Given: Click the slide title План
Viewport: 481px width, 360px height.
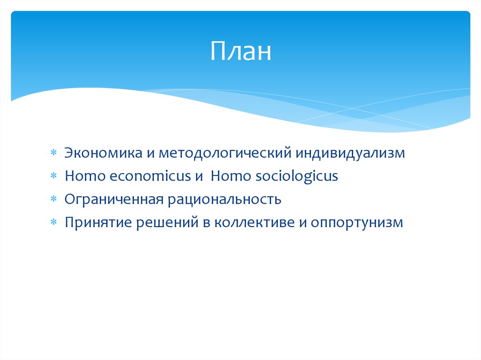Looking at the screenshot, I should click(x=240, y=52).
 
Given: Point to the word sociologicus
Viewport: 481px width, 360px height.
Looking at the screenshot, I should click(x=297, y=176).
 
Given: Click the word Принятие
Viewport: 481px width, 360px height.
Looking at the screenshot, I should click(x=99, y=222).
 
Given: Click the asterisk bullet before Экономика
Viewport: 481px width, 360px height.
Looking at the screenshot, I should click(x=54, y=154).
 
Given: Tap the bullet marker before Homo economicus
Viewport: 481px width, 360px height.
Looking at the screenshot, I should click(x=54, y=177).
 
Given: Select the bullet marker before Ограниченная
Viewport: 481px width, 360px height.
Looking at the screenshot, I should click(x=54, y=200).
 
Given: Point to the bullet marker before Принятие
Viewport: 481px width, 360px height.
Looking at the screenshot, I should click(x=54, y=223).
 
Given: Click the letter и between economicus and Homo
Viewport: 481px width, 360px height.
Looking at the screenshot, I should click(x=198, y=177).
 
